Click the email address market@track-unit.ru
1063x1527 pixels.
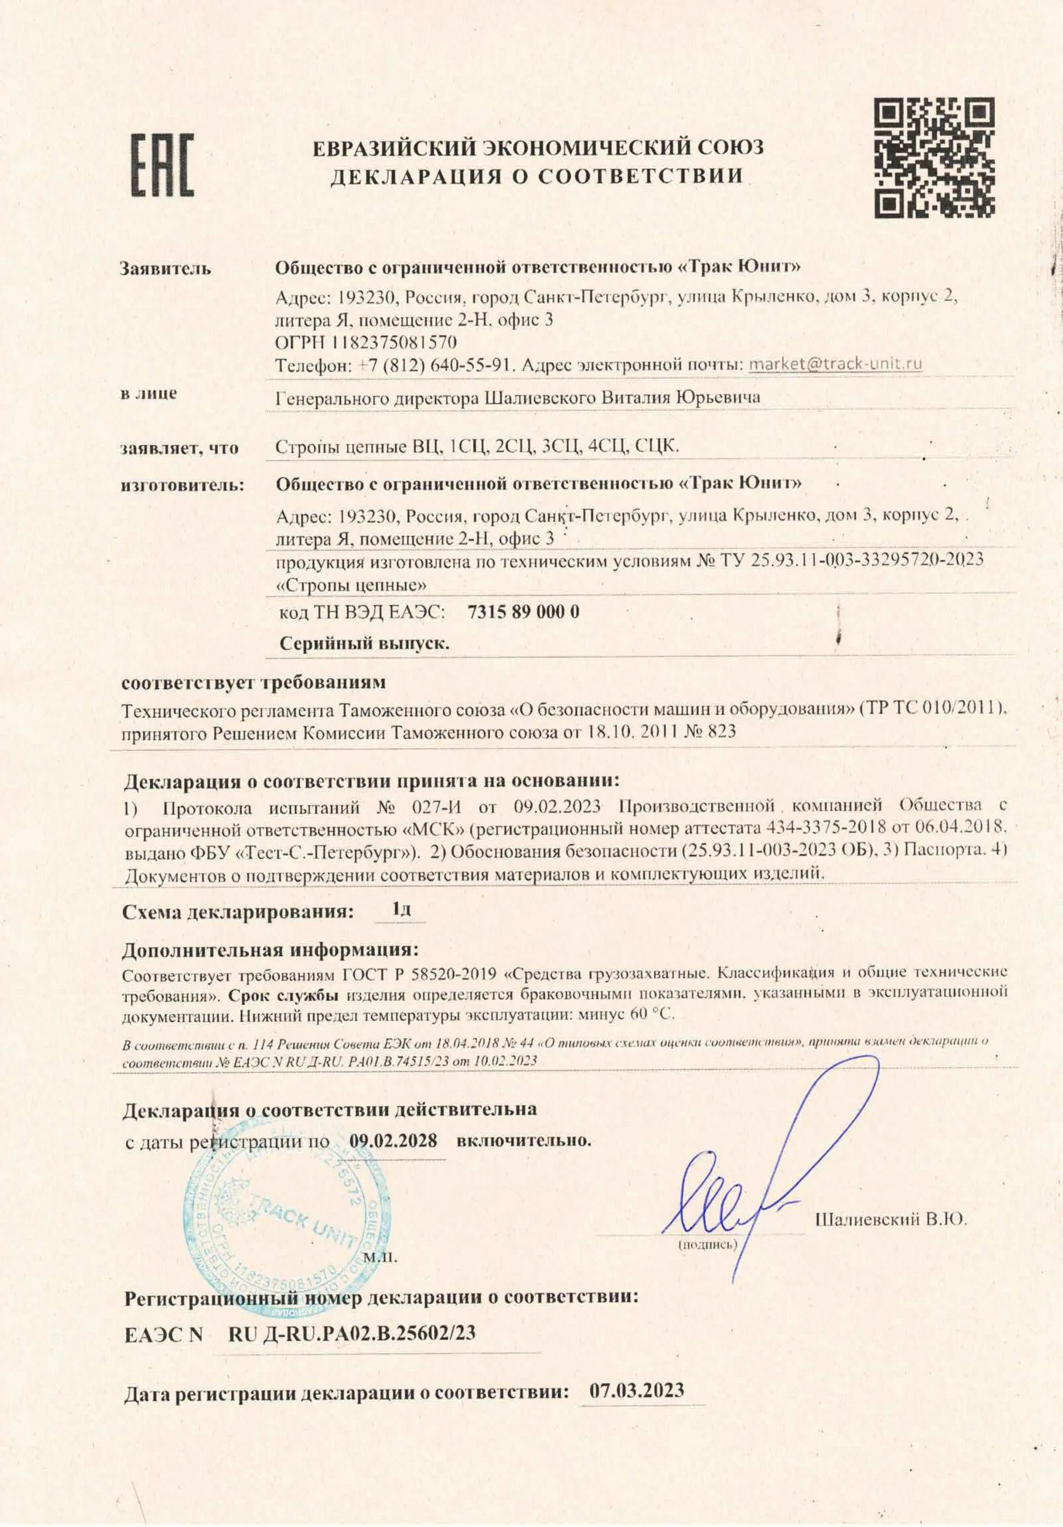(x=835, y=364)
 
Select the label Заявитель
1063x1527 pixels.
(x=165, y=269)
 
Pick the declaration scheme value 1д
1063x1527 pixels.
(x=401, y=909)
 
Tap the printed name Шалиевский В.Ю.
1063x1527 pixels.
(x=890, y=1219)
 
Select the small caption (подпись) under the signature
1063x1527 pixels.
(x=707, y=1243)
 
